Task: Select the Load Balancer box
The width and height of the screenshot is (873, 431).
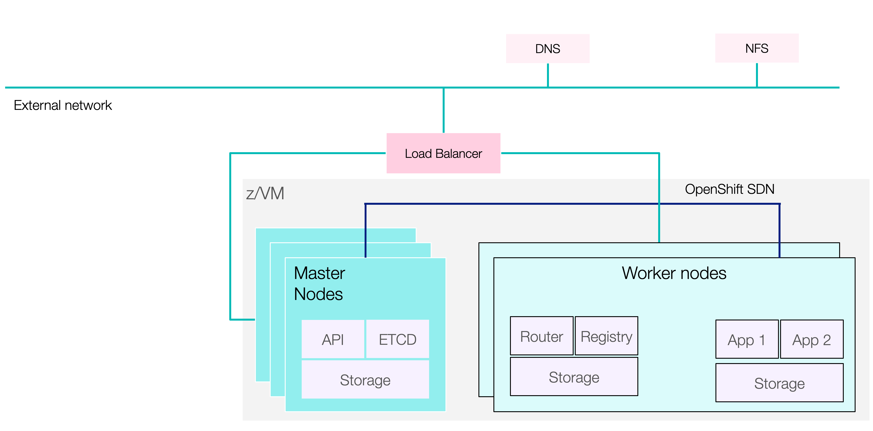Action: click(x=443, y=153)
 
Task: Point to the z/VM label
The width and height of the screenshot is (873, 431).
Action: click(x=265, y=193)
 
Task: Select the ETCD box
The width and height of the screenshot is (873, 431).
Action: click(x=397, y=339)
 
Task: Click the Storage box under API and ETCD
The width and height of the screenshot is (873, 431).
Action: click(x=365, y=380)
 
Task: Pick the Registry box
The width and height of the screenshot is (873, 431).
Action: click(x=606, y=336)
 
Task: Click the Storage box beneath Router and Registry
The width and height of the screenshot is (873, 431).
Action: click(x=574, y=377)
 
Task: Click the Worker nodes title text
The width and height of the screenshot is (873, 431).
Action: click(x=674, y=273)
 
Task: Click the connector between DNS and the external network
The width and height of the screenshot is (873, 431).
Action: click(x=548, y=75)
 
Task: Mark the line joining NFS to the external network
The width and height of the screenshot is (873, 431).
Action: click(x=757, y=75)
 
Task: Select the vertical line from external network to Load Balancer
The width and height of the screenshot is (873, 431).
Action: click(x=443, y=110)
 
